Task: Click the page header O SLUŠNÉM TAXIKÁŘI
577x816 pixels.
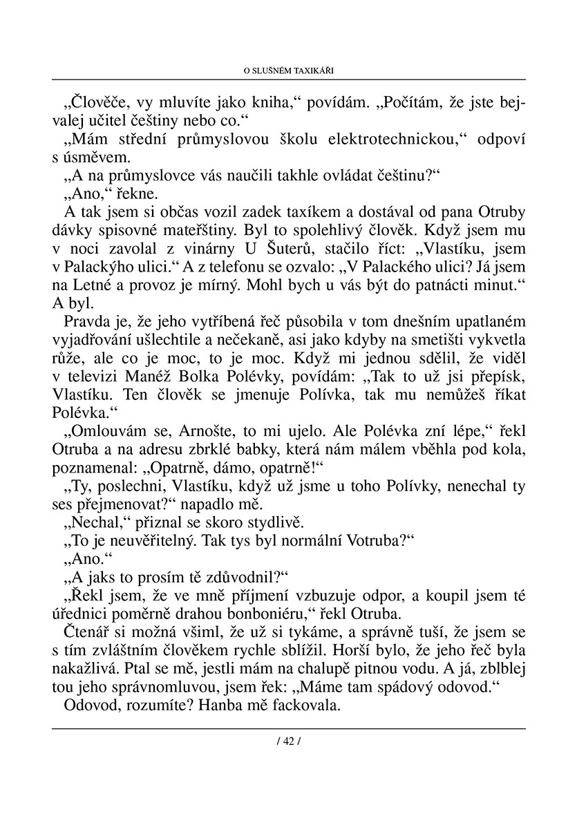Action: pyautogui.click(x=289, y=70)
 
